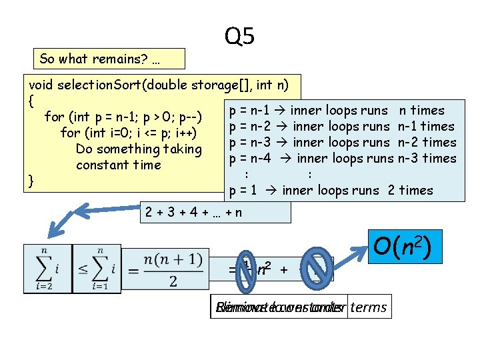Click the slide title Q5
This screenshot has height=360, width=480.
239,36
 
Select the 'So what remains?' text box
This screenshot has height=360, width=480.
109,59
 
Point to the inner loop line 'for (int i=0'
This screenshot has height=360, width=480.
127,133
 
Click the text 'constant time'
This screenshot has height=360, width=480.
118,165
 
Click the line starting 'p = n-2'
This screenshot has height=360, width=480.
341,127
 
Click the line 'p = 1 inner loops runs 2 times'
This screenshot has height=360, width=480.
330,191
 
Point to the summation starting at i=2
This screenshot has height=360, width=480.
48,268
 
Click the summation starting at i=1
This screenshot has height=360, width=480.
97,268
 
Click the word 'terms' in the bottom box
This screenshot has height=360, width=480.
368,307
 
